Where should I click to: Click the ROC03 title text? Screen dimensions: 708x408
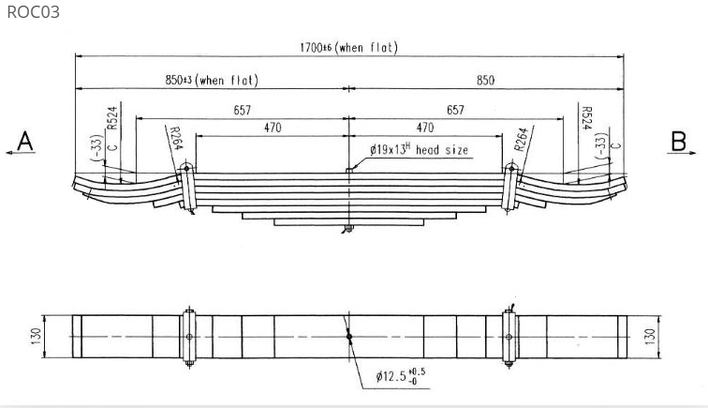pyautogui.click(x=34, y=12)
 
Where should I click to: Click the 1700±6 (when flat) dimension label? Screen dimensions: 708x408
pyautogui.click(x=348, y=47)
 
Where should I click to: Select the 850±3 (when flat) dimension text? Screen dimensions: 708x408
pyautogui.click(x=212, y=80)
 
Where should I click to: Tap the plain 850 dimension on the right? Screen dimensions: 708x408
pyautogui.click(x=485, y=80)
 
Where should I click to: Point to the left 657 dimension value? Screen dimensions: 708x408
pyautogui.click(x=242, y=110)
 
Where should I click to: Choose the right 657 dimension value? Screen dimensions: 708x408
pyautogui.click(x=455, y=110)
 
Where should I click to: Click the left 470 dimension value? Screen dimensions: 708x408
pyautogui.click(x=273, y=128)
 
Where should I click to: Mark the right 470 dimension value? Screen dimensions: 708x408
pyautogui.click(x=425, y=128)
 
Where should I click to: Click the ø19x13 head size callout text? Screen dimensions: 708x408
pyautogui.click(x=419, y=149)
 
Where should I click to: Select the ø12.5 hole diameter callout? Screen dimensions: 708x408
pyautogui.click(x=401, y=376)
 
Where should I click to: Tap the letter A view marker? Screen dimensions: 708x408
pyautogui.click(x=25, y=141)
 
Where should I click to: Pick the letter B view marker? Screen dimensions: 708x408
pyautogui.click(x=679, y=141)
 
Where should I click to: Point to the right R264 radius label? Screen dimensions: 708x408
pyautogui.click(x=521, y=140)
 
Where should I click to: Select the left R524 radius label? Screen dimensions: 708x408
pyautogui.click(x=112, y=117)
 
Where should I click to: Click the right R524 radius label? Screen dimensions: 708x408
pyautogui.click(x=586, y=118)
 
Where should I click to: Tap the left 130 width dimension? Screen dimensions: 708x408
pyautogui.click(x=37, y=336)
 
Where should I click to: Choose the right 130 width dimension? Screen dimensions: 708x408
pyautogui.click(x=651, y=337)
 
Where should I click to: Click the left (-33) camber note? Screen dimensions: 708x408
pyautogui.click(x=96, y=147)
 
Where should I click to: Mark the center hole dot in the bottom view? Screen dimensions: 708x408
pyautogui.click(x=349, y=337)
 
